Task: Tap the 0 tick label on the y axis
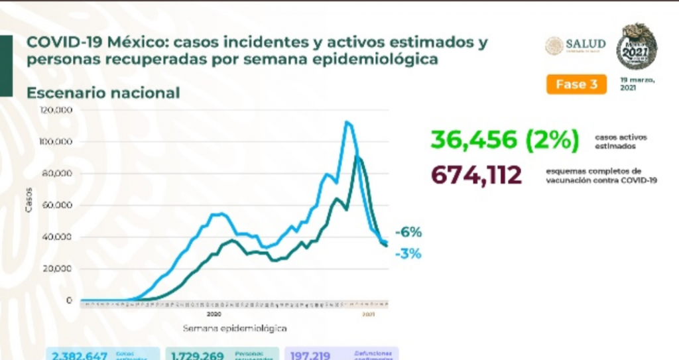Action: click(x=68, y=300)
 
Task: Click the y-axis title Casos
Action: click(x=29, y=203)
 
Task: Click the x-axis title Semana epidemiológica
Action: click(x=234, y=328)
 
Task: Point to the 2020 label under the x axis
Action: click(x=214, y=314)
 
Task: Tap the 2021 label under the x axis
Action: click(x=369, y=314)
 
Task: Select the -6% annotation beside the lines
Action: click(x=408, y=233)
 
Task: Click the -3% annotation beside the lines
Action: click(x=408, y=253)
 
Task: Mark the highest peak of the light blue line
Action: click(x=346, y=122)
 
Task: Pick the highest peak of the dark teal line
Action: click(x=358, y=156)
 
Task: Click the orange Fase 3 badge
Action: click(x=576, y=84)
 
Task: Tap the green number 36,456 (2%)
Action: click(x=504, y=140)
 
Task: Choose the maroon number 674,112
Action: click(x=476, y=175)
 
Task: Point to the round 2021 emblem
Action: click(x=636, y=46)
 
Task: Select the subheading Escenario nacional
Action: click(x=103, y=93)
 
